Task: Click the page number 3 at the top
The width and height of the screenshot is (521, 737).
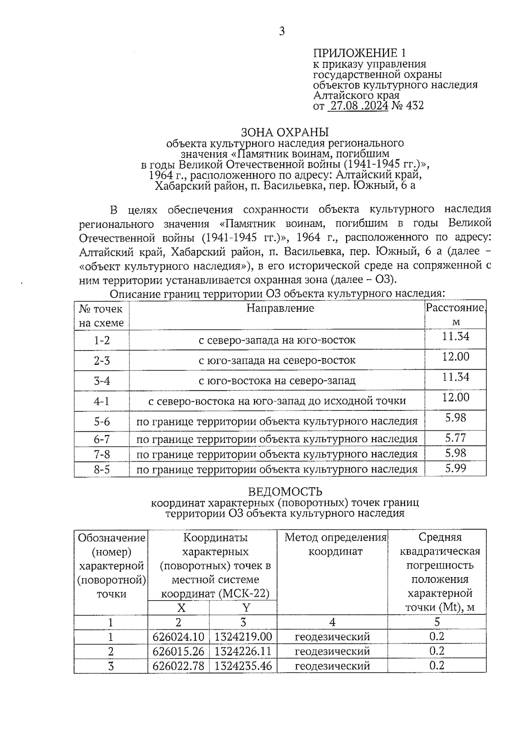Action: tap(282, 31)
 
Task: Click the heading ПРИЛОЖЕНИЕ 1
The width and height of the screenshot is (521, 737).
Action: tap(359, 53)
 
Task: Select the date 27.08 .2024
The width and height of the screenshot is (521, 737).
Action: tap(358, 106)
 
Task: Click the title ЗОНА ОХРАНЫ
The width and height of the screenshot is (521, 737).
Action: tap(285, 132)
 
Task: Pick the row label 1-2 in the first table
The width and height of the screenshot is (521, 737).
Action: tap(102, 340)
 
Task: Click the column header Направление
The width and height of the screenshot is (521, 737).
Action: tap(280, 308)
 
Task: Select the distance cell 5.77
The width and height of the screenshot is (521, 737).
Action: tap(455, 438)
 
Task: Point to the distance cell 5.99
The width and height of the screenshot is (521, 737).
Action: tap(455, 468)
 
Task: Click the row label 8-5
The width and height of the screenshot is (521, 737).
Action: tap(102, 469)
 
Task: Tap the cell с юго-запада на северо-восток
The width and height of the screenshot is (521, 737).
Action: tap(277, 360)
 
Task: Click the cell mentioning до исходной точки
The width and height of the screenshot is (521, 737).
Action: tap(277, 401)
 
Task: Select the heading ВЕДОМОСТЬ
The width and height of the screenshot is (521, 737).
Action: tap(285, 492)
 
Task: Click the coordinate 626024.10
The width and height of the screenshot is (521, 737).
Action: tap(178, 637)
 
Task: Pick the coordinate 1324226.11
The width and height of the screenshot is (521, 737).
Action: tap(243, 651)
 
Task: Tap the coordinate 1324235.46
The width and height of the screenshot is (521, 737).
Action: tap(243, 665)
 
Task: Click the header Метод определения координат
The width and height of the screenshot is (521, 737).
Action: tap(335, 545)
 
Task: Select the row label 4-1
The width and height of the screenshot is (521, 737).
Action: tap(102, 401)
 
